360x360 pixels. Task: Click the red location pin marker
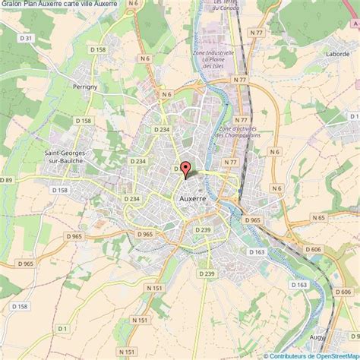[185, 169]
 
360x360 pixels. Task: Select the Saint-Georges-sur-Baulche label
[58, 156]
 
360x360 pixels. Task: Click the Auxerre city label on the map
[196, 197]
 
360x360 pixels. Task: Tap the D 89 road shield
[8, 179]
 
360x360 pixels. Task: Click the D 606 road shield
[313, 249]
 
